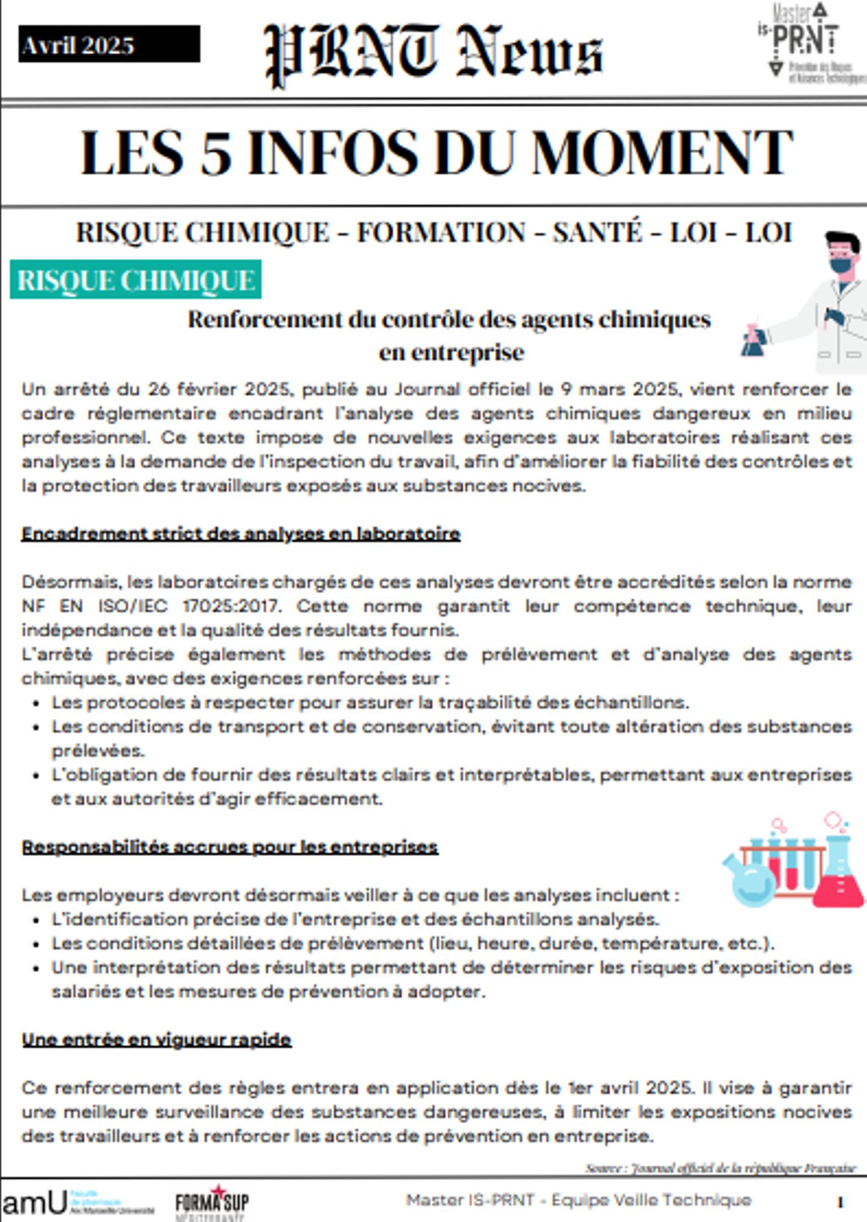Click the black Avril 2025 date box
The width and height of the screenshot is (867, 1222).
point(109,44)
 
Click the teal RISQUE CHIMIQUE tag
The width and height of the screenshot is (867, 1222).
point(136,280)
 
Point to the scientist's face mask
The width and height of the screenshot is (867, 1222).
point(838,265)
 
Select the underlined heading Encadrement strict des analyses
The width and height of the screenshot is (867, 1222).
point(241,534)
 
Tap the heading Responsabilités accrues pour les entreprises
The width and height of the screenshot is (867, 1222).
point(230,847)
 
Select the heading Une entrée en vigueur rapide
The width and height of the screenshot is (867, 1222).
point(156,1039)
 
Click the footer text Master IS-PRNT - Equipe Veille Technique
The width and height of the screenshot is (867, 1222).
point(578,1200)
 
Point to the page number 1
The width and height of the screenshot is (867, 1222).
point(841,1202)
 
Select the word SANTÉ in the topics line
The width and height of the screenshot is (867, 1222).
point(598,233)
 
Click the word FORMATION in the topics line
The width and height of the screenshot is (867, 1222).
point(441,233)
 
